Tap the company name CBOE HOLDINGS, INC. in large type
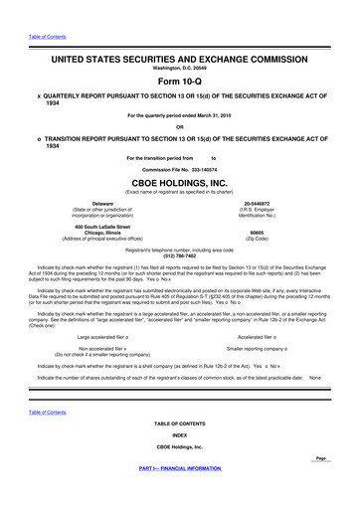[179, 183]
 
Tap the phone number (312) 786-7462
[179, 257]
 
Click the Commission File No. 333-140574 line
[179, 169]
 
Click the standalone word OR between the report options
[179, 126]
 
